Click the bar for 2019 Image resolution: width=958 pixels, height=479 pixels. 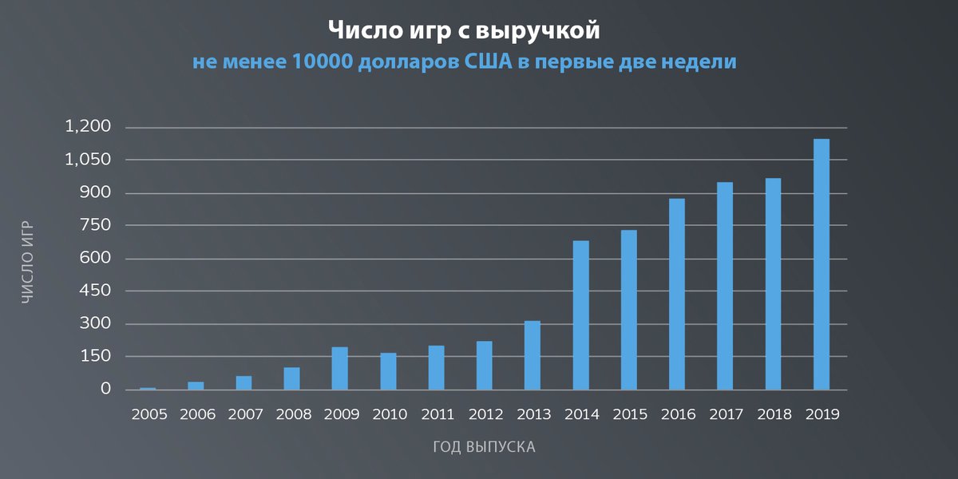821,264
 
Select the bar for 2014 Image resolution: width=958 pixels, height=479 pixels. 581,315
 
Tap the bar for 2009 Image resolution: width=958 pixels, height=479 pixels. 340,368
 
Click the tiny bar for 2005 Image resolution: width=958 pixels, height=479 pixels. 148,389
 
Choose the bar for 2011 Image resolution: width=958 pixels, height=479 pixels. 436,367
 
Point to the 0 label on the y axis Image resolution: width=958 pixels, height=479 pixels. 105,390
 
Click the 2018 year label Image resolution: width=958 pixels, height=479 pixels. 773,414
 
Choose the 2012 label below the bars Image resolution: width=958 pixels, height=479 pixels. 485,414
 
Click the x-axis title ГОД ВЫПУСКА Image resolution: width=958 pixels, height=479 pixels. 484,446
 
